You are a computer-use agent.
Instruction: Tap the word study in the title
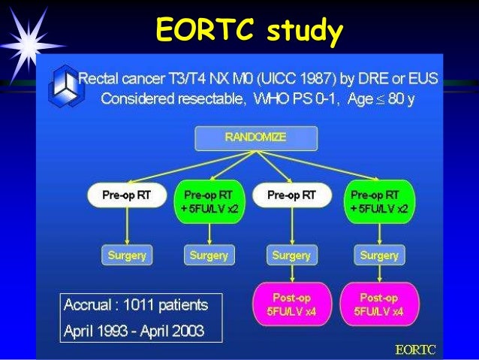click(299, 31)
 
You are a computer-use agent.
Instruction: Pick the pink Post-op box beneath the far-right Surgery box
click(378, 304)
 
